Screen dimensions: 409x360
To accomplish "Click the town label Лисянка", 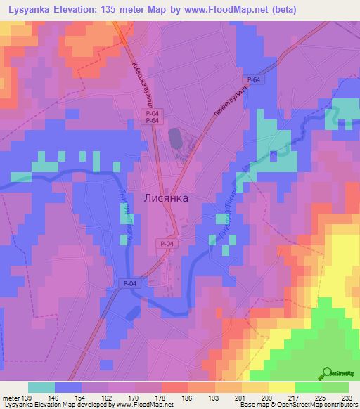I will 166,198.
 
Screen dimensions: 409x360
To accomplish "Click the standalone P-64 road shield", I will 254,80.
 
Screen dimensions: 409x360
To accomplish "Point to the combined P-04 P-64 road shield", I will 150,116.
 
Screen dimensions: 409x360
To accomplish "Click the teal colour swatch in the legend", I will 41,387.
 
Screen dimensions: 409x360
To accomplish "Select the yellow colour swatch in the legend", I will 282,387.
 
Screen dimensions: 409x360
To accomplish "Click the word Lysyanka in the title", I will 27,10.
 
